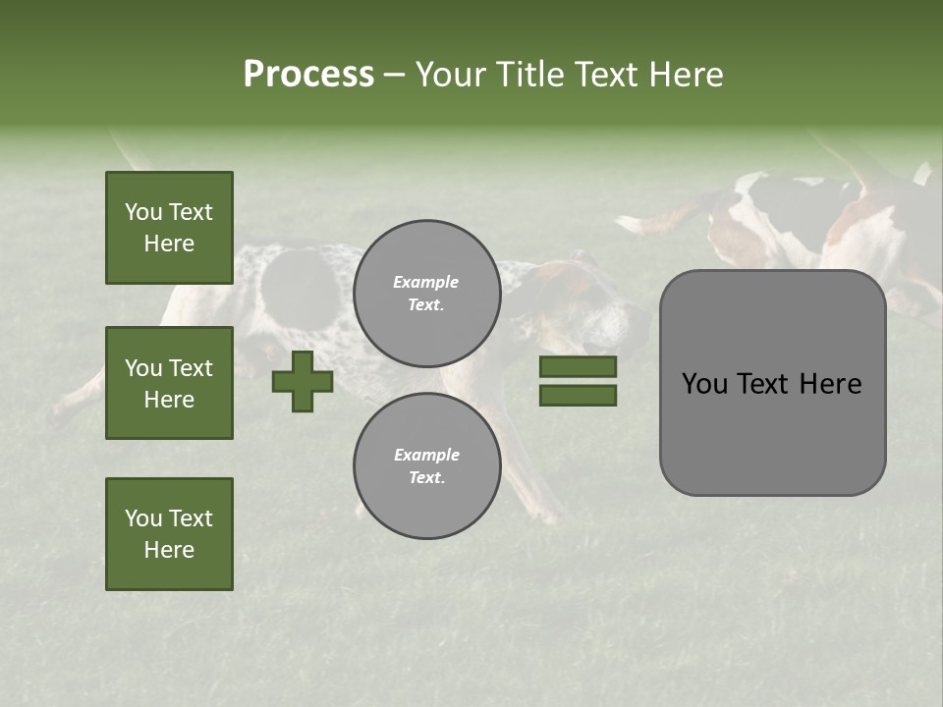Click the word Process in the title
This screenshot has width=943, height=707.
pos(308,75)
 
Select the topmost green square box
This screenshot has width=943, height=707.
pos(169,228)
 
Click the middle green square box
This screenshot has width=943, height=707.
pos(169,383)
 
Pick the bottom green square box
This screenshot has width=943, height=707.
pos(169,534)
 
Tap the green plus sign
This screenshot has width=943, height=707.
pos(303,381)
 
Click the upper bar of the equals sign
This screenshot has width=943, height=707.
pos(578,367)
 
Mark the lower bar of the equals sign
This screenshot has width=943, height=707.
pos(578,396)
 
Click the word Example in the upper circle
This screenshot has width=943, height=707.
pos(426,282)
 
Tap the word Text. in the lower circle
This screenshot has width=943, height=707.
pos(426,478)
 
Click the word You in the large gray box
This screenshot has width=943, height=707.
pos(704,384)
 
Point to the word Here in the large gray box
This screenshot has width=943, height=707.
pos(830,384)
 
